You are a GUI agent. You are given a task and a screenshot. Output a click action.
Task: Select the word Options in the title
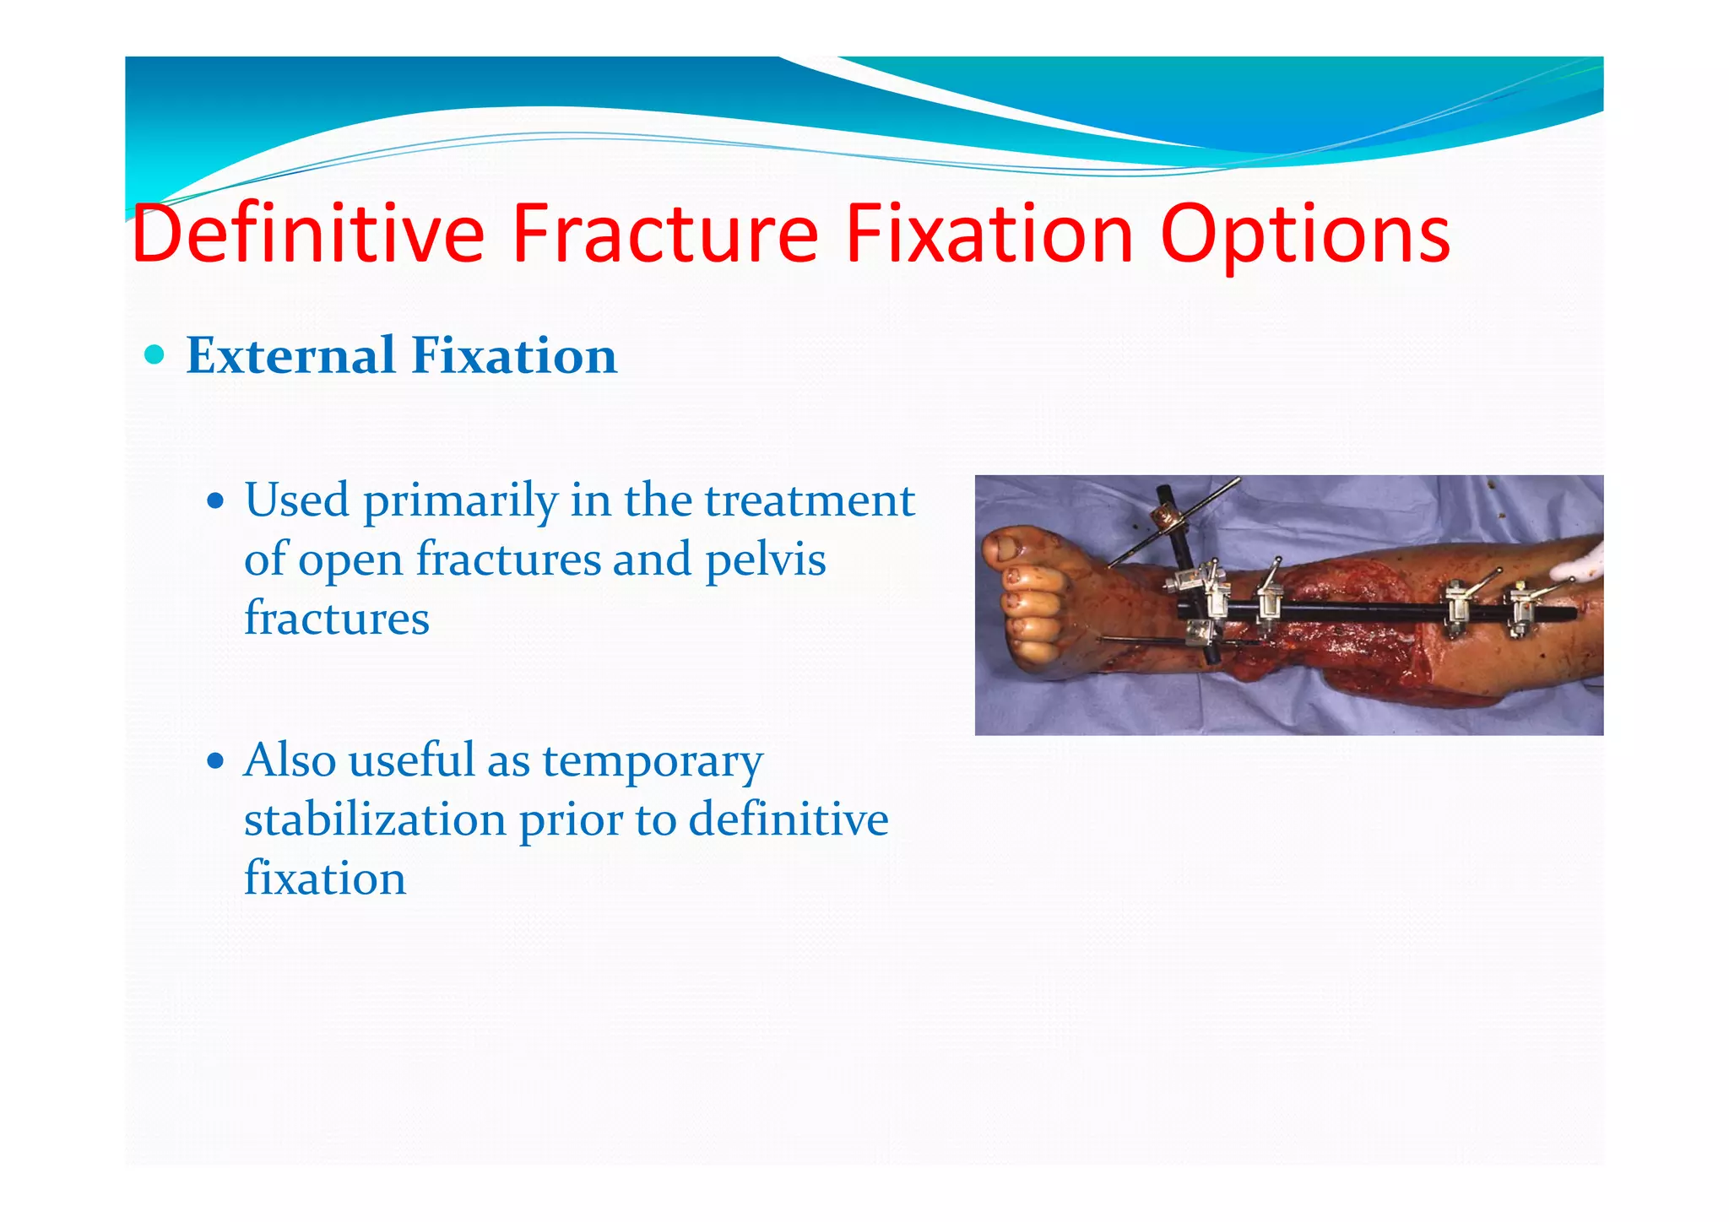click(1304, 235)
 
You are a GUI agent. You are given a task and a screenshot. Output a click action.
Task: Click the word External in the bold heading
click(290, 355)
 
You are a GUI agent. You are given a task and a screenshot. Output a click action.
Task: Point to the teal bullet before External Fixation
click(154, 354)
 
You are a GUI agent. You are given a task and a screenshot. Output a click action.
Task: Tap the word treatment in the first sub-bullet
click(810, 500)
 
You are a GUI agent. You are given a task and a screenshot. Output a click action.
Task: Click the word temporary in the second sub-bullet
click(652, 762)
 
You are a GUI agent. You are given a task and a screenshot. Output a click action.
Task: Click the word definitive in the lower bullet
click(788, 819)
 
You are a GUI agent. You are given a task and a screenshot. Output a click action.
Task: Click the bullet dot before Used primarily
click(216, 501)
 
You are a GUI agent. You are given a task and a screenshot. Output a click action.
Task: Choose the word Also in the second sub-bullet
click(290, 760)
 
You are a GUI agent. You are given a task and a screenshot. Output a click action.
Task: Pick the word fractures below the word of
click(336, 619)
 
